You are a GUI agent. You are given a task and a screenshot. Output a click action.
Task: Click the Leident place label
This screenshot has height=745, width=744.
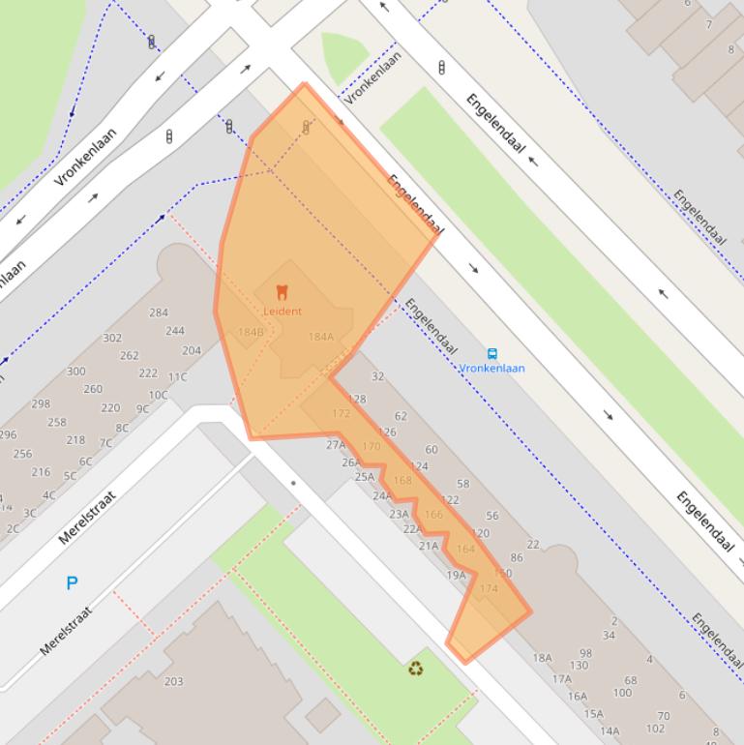tap(283, 312)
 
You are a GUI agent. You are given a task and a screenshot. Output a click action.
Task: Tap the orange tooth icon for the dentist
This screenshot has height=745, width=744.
tap(283, 291)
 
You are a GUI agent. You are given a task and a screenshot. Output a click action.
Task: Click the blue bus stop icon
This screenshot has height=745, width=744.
tap(492, 354)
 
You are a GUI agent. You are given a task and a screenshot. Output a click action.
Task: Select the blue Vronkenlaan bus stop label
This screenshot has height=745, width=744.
tap(491, 369)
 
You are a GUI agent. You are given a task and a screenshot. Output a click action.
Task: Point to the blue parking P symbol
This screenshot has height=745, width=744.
tap(72, 582)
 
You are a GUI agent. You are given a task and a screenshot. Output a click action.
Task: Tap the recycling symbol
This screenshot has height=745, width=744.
tap(415, 668)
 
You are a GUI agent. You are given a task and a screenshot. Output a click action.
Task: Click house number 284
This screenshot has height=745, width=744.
tap(158, 313)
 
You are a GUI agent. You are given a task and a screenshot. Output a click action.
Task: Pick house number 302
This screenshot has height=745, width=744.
tap(112, 338)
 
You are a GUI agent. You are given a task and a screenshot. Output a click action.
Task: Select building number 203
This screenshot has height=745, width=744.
tap(173, 681)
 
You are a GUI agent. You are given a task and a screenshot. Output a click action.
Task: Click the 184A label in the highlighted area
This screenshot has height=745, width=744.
tap(320, 337)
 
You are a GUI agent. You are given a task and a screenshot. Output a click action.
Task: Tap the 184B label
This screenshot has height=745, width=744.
tap(251, 332)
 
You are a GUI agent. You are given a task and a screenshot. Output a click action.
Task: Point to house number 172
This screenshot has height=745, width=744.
tap(341, 413)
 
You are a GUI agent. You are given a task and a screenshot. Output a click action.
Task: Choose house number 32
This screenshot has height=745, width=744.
tap(377, 376)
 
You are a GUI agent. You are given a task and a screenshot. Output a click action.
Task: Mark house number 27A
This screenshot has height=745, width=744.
tap(336, 445)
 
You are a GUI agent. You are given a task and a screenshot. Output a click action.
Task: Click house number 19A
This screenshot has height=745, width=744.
tap(456, 575)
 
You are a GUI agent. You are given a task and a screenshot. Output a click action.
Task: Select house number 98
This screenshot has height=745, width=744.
tap(585, 653)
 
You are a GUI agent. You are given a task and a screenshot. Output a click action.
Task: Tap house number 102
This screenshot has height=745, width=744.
tap(656, 729)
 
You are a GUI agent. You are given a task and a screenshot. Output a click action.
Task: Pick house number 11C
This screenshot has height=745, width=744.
tap(177, 377)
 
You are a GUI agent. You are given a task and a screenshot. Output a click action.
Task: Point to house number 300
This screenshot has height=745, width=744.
tap(75, 372)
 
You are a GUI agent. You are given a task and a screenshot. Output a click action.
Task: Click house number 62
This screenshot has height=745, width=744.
tap(401, 416)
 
